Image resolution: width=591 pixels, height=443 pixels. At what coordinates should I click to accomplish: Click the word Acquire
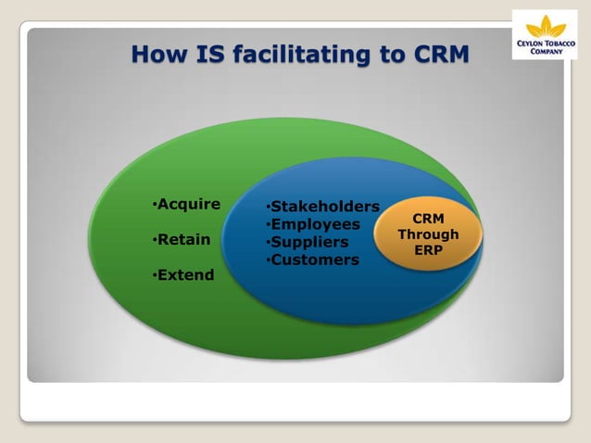[189, 205]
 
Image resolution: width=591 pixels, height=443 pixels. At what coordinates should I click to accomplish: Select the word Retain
[183, 240]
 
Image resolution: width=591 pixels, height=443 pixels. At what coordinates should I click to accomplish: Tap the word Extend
[185, 275]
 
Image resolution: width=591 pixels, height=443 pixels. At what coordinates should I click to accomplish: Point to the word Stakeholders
[324, 207]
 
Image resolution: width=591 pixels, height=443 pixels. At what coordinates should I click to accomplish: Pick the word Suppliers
[309, 242]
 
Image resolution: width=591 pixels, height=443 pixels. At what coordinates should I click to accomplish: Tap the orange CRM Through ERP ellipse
[428, 234]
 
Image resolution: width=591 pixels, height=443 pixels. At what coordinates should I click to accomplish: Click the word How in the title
[158, 54]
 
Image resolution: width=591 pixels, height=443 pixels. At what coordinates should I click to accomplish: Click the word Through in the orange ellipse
[428, 234]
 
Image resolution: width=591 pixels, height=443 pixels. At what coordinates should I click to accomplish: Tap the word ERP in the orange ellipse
[428, 250]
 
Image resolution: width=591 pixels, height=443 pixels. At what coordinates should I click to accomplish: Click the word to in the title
[388, 54]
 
